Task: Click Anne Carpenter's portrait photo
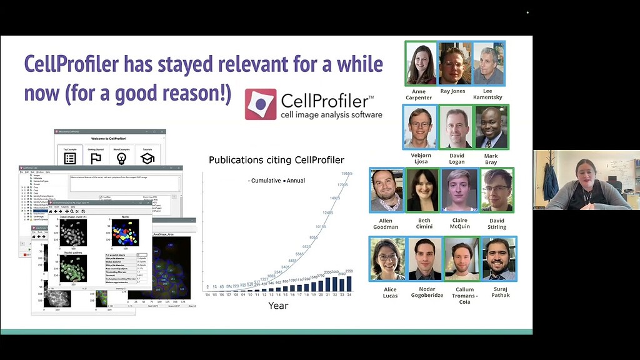[421, 63]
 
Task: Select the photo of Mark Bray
[491, 126]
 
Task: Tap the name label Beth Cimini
[424, 223]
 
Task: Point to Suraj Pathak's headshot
[499, 258]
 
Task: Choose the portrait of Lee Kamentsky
[488, 63]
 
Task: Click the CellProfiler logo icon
[261, 104]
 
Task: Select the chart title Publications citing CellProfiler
[276, 160]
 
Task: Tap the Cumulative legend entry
[265, 181]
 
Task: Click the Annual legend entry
[294, 181]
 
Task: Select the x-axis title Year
[278, 306]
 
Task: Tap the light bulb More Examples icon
[121, 157]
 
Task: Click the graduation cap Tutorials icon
[147, 157]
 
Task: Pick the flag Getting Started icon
[96, 157]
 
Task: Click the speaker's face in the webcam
[584, 173]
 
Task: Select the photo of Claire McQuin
[460, 190]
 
